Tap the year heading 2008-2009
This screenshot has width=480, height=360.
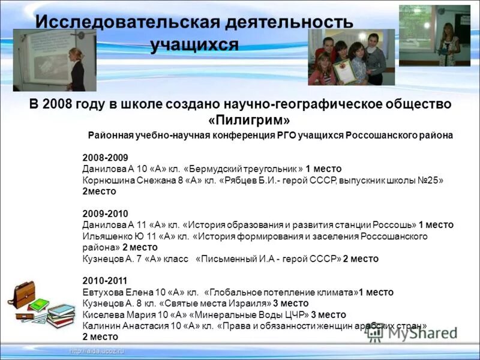point(105,158)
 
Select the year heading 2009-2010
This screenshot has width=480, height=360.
point(105,214)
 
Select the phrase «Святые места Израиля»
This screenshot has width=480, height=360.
point(216,304)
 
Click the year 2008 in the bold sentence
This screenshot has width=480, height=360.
point(57,104)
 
